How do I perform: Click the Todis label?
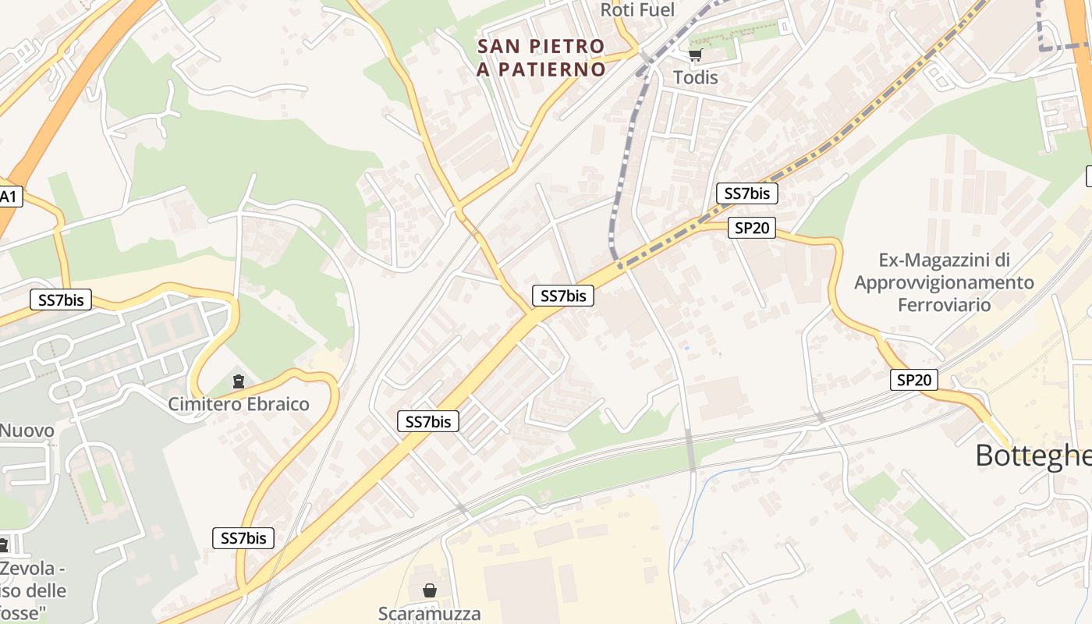click(x=695, y=77)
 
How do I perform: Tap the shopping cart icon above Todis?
click(x=695, y=55)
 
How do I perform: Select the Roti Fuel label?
click(x=637, y=9)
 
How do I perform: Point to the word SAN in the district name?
click(x=500, y=47)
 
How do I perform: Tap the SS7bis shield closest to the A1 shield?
click(x=60, y=300)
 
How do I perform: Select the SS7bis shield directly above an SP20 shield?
click(x=746, y=193)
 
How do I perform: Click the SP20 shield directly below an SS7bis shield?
click(x=752, y=228)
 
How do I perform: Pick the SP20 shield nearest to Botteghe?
click(x=913, y=380)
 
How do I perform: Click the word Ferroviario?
click(x=944, y=304)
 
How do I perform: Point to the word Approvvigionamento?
click(x=944, y=282)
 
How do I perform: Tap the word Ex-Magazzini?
click(x=944, y=260)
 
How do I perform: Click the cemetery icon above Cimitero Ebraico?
click(x=238, y=381)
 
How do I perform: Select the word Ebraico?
click(x=278, y=404)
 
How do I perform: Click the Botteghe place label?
click(x=1033, y=456)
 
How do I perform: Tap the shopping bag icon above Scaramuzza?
click(x=429, y=590)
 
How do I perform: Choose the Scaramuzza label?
click(x=429, y=613)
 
